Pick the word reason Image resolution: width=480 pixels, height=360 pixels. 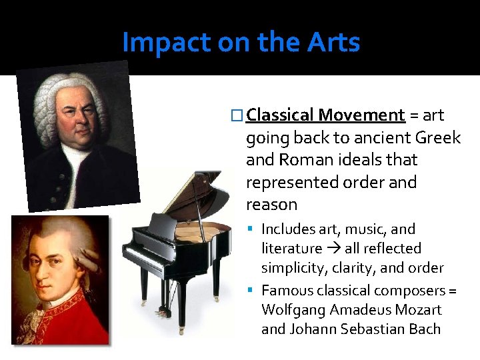point(271,204)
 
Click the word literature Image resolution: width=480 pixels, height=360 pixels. point(291,249)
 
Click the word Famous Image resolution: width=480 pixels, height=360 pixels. point(287,291)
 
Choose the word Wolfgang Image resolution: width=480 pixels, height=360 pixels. point(293,310)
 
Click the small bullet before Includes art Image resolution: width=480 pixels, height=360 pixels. point(253,229)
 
